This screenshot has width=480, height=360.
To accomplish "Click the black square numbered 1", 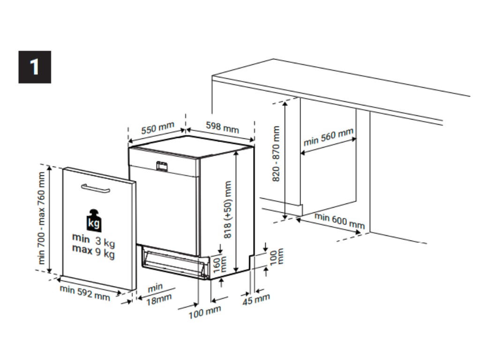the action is tap(35, 67).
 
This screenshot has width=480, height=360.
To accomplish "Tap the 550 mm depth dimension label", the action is tap(157, 128).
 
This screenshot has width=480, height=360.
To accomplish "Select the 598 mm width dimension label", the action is tap(222, 127).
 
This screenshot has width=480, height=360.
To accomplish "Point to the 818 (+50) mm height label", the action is tap(228, 210).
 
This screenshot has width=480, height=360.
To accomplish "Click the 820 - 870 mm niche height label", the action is tap(276, 153).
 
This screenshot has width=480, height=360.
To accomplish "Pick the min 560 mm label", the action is tap(329, 137).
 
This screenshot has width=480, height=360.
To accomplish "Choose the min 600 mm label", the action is tap(340, 221).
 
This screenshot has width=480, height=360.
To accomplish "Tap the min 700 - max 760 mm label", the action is tap(41, 218).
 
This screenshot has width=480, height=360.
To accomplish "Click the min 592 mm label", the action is tap(85, 292).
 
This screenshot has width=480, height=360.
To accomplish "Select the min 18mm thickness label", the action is tap(158, 294).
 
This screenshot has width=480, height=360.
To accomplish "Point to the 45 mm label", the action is tap(256, 299).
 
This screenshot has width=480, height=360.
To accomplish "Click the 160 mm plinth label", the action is tap(219, 264).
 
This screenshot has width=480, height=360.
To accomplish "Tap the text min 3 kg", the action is tap(94, 240).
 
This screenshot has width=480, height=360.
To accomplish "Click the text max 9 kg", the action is tap(93, 251).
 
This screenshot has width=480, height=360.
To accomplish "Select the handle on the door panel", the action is tap(96, 188).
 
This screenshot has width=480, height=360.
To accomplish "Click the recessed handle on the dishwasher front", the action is tap(162, 166).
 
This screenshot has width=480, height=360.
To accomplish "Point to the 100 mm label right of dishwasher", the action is tap(277, 256).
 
